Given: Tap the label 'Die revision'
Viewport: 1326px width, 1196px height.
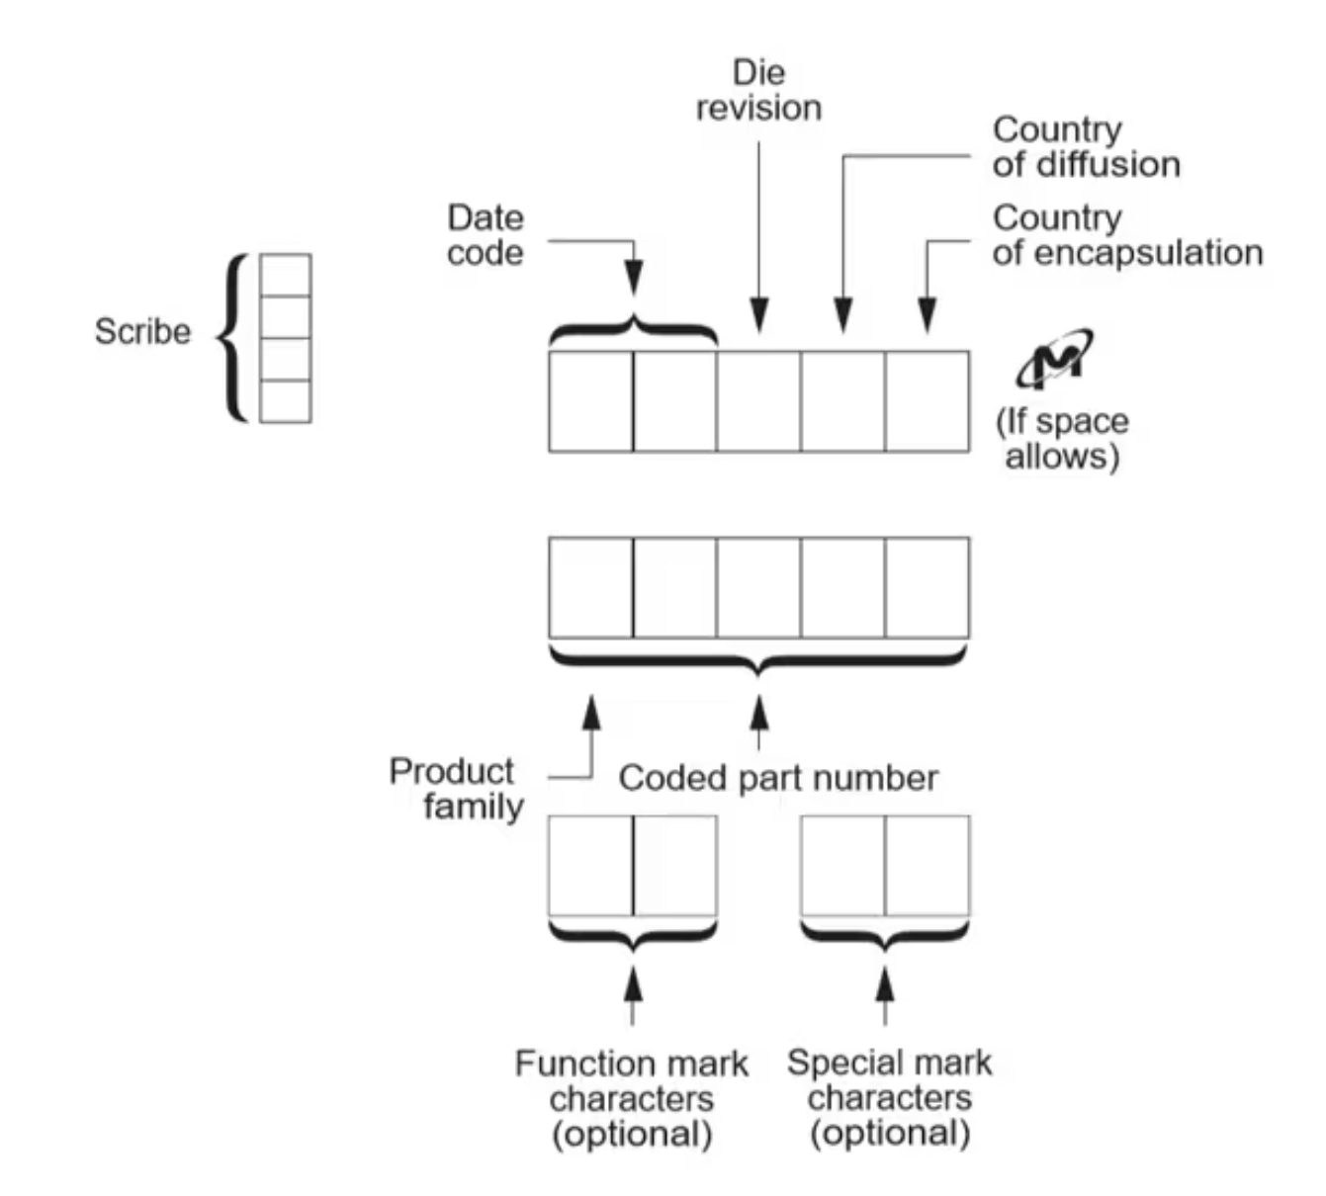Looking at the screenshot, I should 758,90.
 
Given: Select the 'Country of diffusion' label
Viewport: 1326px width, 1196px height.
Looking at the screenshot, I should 1086,146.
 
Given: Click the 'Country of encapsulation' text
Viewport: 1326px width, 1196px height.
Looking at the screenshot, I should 1126,235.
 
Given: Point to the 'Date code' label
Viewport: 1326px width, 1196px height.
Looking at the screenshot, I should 485,235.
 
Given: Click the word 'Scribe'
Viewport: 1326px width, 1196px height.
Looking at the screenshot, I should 142,331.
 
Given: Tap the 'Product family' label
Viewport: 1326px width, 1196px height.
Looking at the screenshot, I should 456,789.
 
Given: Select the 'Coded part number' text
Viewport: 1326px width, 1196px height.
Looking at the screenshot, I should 777,778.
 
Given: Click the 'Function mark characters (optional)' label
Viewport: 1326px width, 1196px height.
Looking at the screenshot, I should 631,1098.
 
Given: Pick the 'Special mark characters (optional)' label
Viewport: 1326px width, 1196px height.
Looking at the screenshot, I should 889,1097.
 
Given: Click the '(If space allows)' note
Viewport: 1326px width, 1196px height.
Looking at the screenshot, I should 1062,438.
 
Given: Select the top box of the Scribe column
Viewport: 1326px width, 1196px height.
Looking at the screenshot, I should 285,275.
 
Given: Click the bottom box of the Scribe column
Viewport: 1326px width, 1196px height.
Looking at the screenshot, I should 285,401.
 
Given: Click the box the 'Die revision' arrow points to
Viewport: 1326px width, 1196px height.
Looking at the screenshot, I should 758,401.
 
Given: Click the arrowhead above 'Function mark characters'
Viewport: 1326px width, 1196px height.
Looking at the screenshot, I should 633,983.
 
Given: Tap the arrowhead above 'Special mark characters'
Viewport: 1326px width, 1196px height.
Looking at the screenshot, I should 885,983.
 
